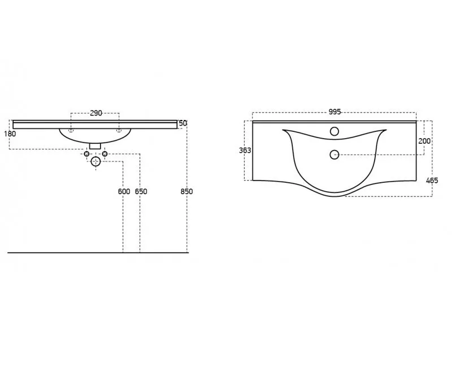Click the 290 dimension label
pos(96,113)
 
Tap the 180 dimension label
pos(10,134)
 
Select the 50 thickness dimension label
pos(182,123)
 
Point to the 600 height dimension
pos(124,191)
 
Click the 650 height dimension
pos(141,191)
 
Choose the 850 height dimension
pos(186,191)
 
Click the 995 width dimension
pos(334,111)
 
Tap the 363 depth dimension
pos(245,151)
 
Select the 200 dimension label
pos(424,141)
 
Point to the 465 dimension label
pos(432,181)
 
